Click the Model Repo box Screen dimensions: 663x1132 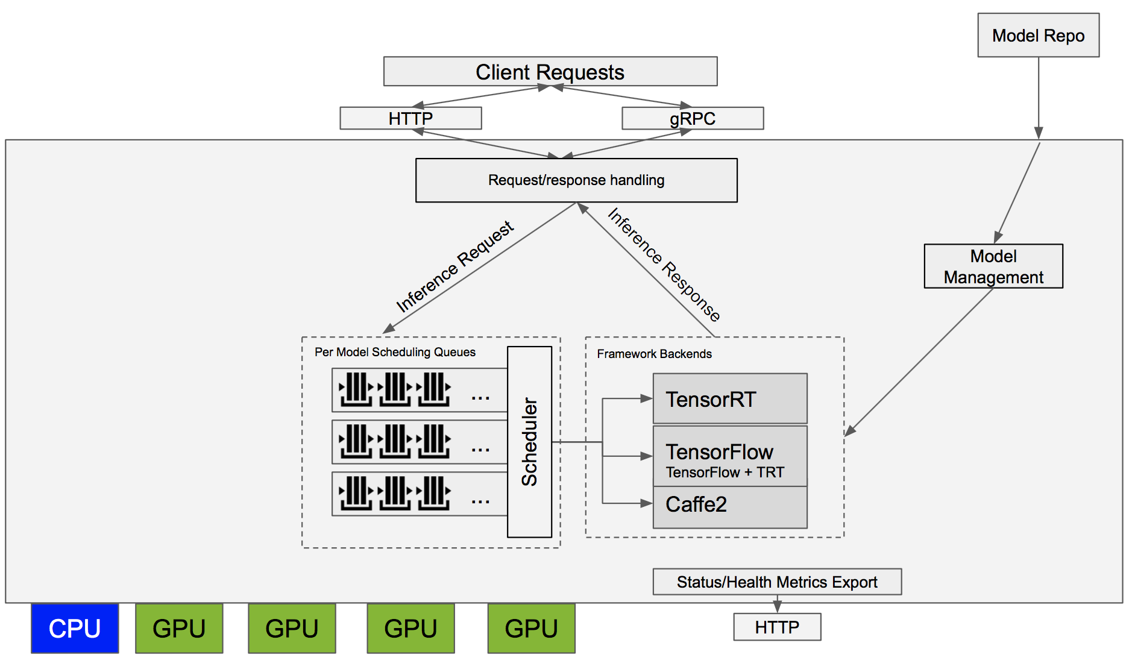(x=1038, y=36)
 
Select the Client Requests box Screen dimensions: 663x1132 (x=550, y=72)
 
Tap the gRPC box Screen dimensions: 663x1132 (x=693, y=118)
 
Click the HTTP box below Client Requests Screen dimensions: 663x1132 (x=410, y=118)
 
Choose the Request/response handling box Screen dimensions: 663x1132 (x=576, y=180)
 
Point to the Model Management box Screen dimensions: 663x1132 (x=993, y=266)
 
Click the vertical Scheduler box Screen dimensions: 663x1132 (x=529, y=441)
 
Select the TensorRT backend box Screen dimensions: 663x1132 (x=729, y=399)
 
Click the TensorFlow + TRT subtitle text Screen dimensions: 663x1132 (x=725, y=473)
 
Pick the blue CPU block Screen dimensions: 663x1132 (x=75, y=629)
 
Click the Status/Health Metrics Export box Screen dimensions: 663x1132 (x=776, y=582)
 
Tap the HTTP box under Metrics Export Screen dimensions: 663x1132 (x=776, y=627)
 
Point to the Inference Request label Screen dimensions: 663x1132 (x=454, y=266)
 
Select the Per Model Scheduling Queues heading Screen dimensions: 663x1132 (x=395, y=352)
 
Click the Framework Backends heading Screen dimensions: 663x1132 (x=654, y=354)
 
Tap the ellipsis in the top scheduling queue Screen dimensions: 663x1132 (x=480, y=397)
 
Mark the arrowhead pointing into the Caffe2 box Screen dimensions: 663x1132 (x=646, y=503)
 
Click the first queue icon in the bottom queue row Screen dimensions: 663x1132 (x=356, y=493)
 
